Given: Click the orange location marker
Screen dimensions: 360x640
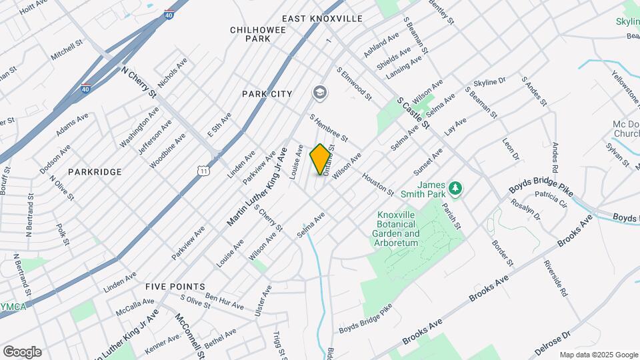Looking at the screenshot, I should [321, 159].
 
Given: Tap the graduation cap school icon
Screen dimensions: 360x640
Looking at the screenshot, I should [320, 92].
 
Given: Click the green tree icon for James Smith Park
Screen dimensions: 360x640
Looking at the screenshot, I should [455, 189].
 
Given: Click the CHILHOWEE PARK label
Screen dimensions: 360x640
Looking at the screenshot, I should [250, 34].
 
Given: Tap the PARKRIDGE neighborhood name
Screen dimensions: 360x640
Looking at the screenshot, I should [95, 172].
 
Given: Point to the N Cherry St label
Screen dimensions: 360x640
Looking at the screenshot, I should [138, 82].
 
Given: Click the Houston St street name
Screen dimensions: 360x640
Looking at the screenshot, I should [377, 185].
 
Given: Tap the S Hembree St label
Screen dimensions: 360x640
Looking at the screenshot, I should [329, 127].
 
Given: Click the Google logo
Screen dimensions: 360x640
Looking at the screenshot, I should [22, 351].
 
